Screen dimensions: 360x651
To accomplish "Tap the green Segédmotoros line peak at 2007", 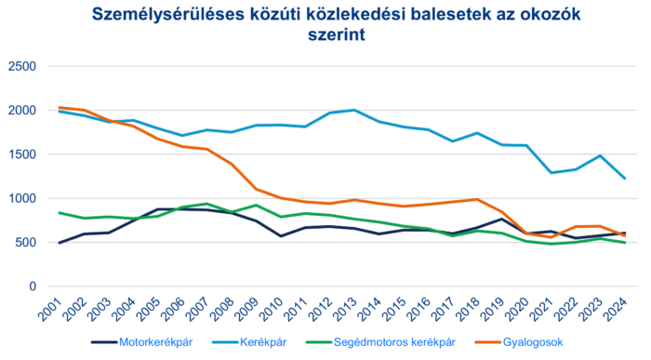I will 206,204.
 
